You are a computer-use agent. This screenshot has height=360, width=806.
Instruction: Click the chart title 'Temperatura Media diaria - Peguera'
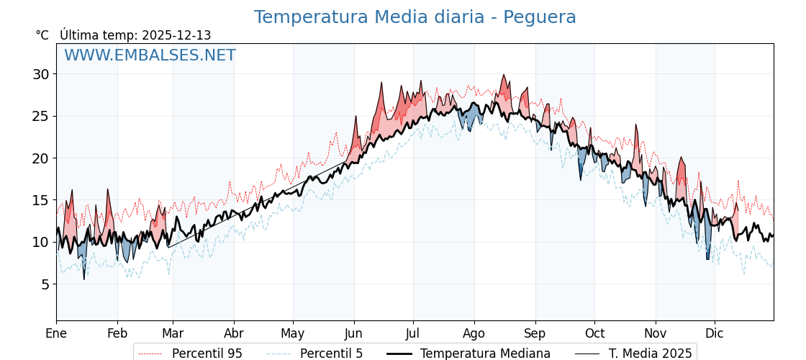pos(415,17)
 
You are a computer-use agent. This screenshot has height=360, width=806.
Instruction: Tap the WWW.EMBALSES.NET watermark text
pos(150,55)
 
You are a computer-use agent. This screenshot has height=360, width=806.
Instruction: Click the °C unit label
pos(42,35)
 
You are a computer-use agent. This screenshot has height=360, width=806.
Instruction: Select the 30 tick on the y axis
pos(40,74)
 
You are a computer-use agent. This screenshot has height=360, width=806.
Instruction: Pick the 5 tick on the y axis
pos(45,284)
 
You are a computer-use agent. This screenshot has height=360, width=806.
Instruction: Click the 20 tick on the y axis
pos(40,158)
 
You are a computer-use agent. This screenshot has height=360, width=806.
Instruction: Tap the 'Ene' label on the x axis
pos(56,333)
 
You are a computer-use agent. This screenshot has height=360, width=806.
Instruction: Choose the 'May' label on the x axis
pos(293,333)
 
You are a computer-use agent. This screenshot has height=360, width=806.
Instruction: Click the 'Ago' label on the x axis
pos(474,333)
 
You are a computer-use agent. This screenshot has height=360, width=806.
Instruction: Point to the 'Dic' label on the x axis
pos(715,333)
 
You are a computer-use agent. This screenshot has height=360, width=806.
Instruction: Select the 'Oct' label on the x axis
pos(594,333)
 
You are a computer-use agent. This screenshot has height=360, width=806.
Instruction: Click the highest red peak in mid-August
pos(504,75)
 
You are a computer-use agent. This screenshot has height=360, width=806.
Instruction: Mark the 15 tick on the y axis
pos(40,200)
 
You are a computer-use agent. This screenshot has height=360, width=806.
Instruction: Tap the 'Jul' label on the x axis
pos(413,333)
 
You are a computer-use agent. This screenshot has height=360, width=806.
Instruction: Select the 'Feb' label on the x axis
pos(117,333)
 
